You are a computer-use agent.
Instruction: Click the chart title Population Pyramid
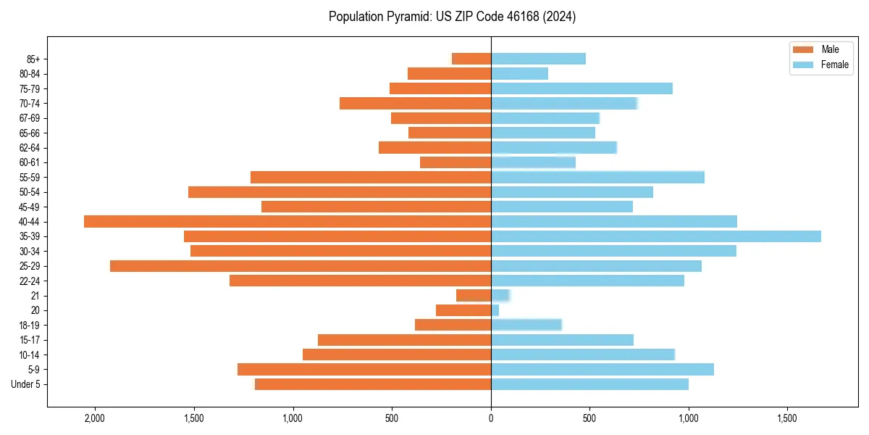point(452,17)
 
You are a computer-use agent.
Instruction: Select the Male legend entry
point(830,49)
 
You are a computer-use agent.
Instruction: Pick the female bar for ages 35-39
point(655,236)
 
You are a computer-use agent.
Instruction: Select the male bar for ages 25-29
point(301,266)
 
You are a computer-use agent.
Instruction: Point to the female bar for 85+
point(538,59)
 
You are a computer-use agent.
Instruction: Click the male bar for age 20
point(463,310)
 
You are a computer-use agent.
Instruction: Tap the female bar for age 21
point(500,295)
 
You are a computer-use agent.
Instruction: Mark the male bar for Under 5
point(373,384)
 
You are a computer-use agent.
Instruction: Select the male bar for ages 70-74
point(415,103)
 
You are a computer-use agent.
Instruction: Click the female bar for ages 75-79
point(582,88)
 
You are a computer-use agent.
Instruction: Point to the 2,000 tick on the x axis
point(95,419)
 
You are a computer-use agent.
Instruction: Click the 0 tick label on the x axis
point(491,419)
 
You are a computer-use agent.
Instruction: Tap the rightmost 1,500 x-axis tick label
point(787,419)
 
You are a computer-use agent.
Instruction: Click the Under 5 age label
point(25,384)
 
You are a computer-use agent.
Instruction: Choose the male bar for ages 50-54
point(340,192)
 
